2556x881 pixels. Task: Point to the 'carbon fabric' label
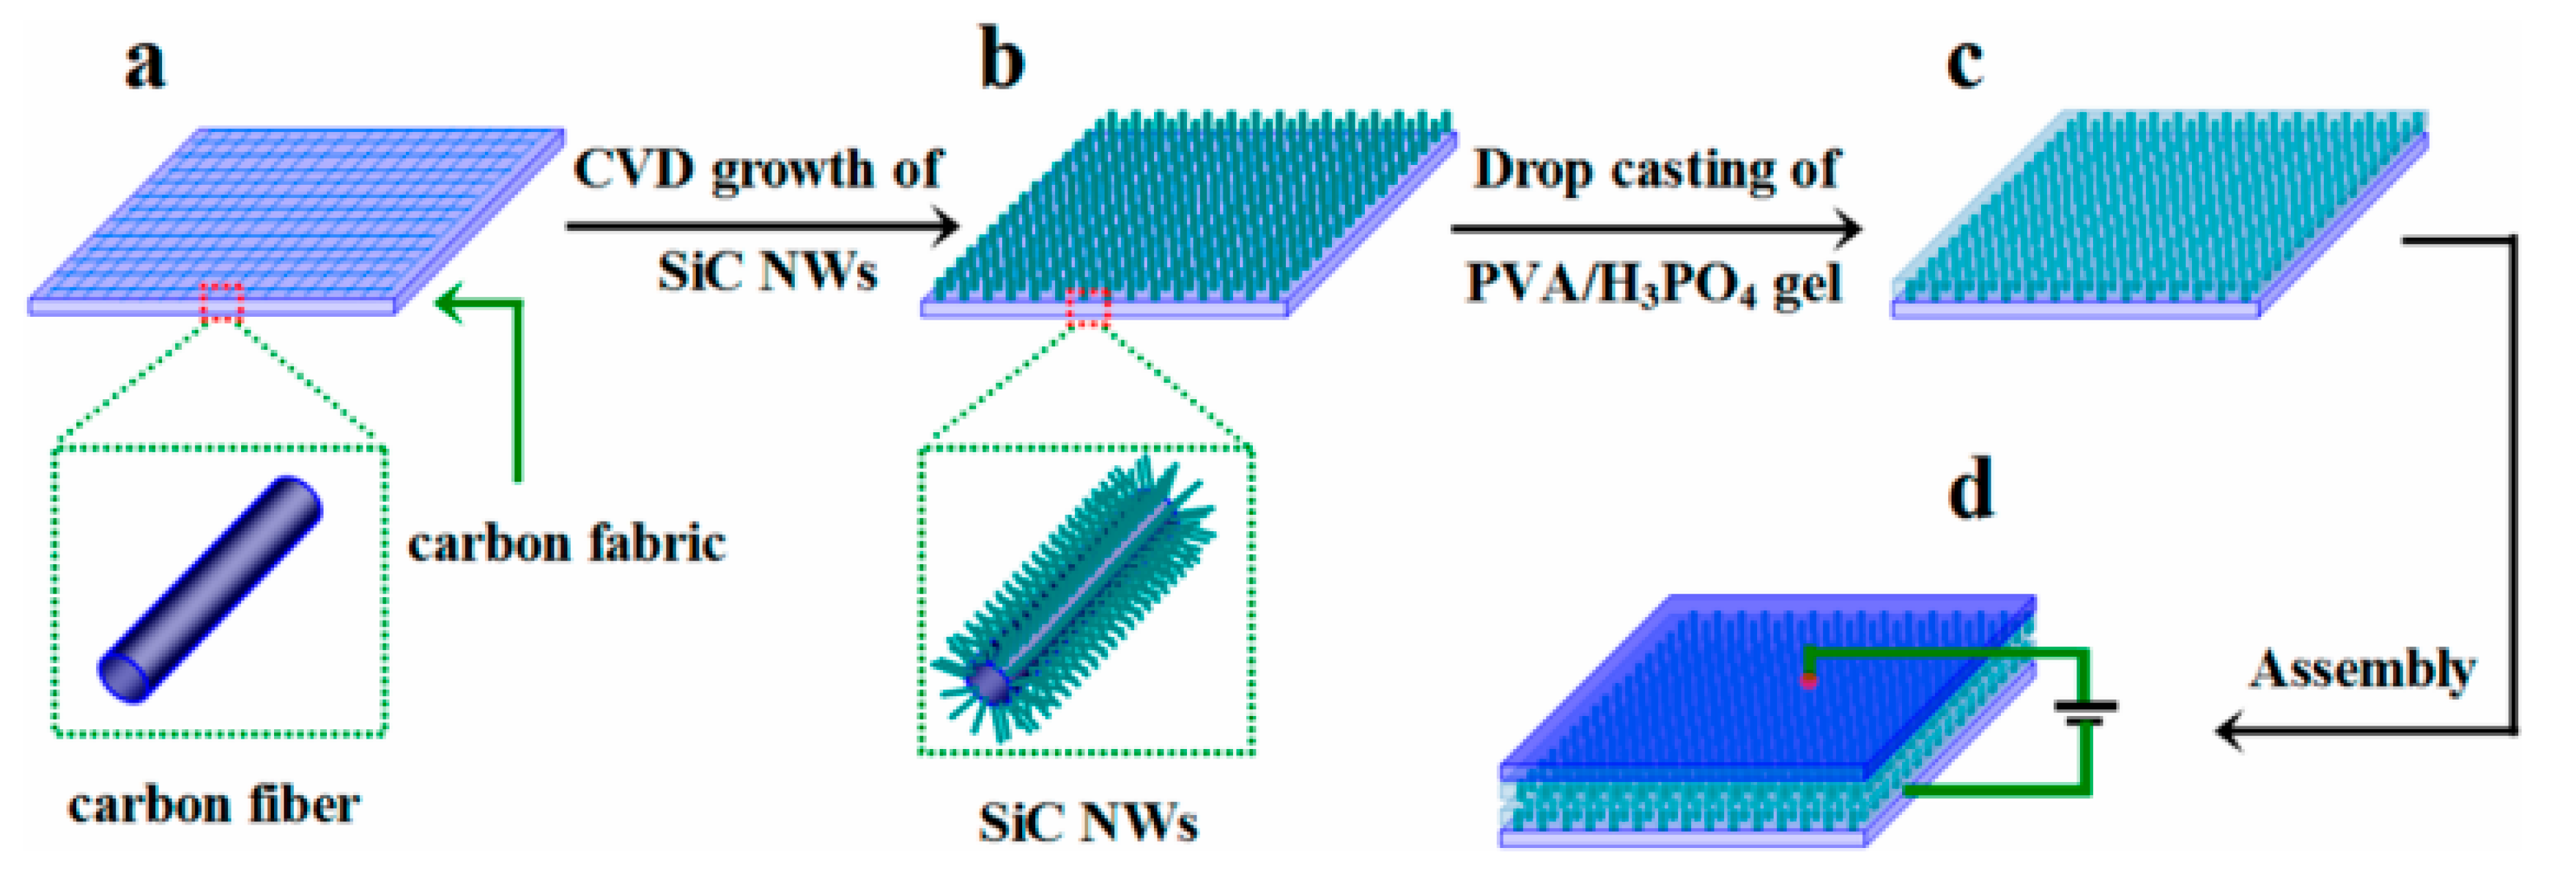(567, 544)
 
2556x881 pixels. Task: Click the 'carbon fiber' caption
(214, 805)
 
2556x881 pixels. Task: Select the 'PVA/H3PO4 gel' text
(1653, 285)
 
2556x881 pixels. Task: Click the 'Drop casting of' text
(1655, 170)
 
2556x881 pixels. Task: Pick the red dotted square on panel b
(1087, 308)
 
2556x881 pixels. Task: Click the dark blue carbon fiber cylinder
(210, 590)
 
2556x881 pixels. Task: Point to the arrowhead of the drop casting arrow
(1848, 229)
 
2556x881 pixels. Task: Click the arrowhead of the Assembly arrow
(2230, 732)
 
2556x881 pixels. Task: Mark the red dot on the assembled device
(1809, 680)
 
